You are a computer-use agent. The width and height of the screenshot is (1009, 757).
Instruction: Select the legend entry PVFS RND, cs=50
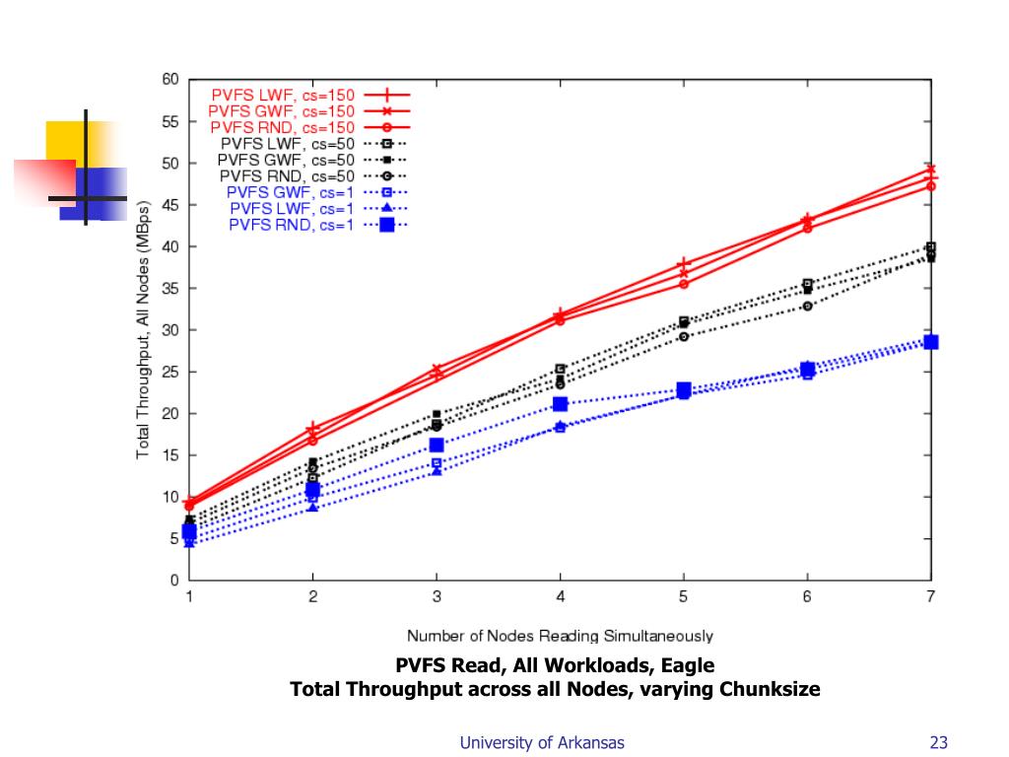[x=287, y=175]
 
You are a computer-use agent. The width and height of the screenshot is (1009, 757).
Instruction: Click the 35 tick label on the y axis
[x=170, y=288]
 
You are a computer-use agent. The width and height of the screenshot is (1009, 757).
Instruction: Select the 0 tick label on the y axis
[x=174, y=581]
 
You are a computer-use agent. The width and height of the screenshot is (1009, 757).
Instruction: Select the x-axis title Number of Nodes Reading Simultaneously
[x=560, y=637]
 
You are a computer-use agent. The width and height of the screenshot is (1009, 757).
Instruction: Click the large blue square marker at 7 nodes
[x=930, y=342]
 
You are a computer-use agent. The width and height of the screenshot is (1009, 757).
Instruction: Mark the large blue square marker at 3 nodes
[x=437, y=446]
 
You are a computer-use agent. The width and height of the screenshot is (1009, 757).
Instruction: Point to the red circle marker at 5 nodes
[x=683, y=284]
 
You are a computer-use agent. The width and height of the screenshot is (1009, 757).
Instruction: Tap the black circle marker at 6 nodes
[x=807, y=306]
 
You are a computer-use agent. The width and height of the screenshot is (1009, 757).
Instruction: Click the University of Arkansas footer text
[x=542, y=743]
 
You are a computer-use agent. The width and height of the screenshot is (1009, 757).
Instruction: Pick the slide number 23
[x=937, y=743]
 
